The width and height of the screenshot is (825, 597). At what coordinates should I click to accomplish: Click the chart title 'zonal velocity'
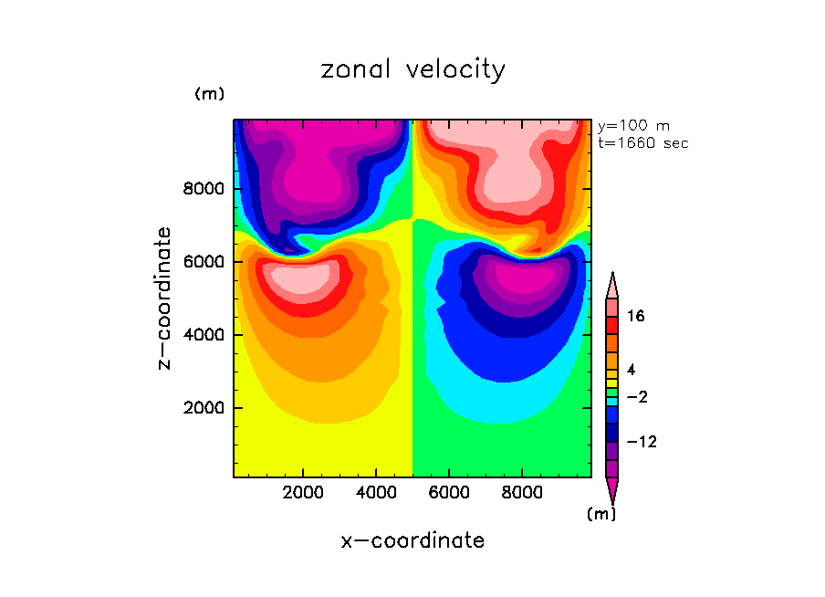[412, 69]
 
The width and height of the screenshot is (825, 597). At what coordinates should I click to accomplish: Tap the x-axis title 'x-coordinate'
[412, 540]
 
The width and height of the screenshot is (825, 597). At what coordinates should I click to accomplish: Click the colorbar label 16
[636, 317]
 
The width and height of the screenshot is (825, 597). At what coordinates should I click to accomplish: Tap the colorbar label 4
[630, 370]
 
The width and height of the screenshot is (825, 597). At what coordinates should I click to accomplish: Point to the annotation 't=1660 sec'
[642, 142]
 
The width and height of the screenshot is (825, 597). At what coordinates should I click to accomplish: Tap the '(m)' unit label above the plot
[209, 94]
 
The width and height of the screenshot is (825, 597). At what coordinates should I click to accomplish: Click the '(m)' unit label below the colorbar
[600, 514]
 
